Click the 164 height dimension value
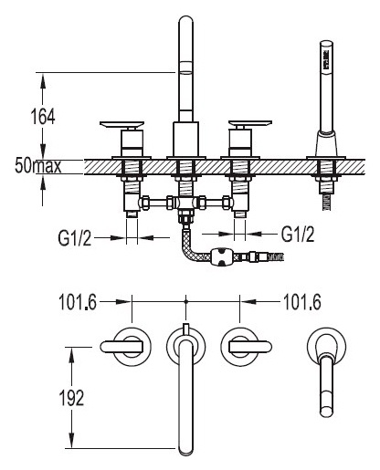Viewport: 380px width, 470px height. (x=43, y=116)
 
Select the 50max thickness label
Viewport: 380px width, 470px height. (x=38, y=166)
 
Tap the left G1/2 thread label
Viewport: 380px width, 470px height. (x=75, y=237)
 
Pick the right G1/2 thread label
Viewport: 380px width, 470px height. (x=298, y=234)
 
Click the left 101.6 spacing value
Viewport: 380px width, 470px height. (x=78, y=302)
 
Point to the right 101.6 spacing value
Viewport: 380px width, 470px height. (x=302, y=302)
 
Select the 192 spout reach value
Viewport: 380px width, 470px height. (x=71, y=398)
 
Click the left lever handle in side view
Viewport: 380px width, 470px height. (x=121, y=124)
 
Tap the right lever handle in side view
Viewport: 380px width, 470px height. (x=250, y=123)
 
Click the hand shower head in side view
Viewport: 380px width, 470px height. (x=327, y=57)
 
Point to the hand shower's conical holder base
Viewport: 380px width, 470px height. (x=327, y=143)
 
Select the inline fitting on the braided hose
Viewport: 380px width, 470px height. (x=221, y=257)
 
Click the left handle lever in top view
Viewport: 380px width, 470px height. (x=121, y=347)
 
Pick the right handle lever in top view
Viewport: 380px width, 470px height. (x=250, y=347)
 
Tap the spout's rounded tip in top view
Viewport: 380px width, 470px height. (x=185, y=448)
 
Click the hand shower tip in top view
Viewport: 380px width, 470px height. (x=327, y=411)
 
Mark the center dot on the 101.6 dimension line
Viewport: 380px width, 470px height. (x=186, y=302)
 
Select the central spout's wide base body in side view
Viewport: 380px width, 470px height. (x=185, y=139)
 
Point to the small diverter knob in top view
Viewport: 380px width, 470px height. (x=185, y=329)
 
